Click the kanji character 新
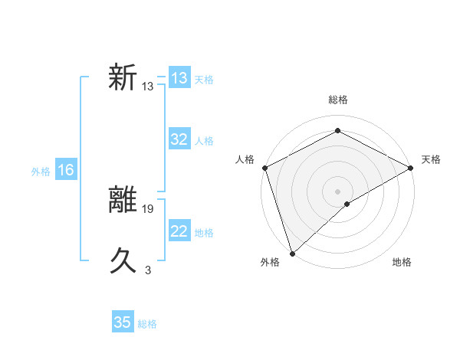pos(123,78)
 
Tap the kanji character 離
pos(123,201)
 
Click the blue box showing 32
pos(179,139)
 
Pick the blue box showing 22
pos(179,231)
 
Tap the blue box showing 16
pos(66,170)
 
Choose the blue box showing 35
pos(123,322)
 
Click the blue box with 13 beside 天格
pos(179,78)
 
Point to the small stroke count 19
pos(148,208)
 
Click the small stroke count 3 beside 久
pos(148,270)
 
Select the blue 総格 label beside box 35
pos(147,324)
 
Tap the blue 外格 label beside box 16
pos(41,172)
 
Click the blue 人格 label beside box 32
pos(204,141)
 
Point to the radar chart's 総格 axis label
pos(337,100)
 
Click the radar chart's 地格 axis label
pos(402,263)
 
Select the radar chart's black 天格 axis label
pos(431,159)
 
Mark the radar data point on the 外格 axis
pos(292,253)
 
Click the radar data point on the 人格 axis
pos(264,168)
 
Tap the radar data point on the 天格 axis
pos(410,168)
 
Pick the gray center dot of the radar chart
pos(337,191)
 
